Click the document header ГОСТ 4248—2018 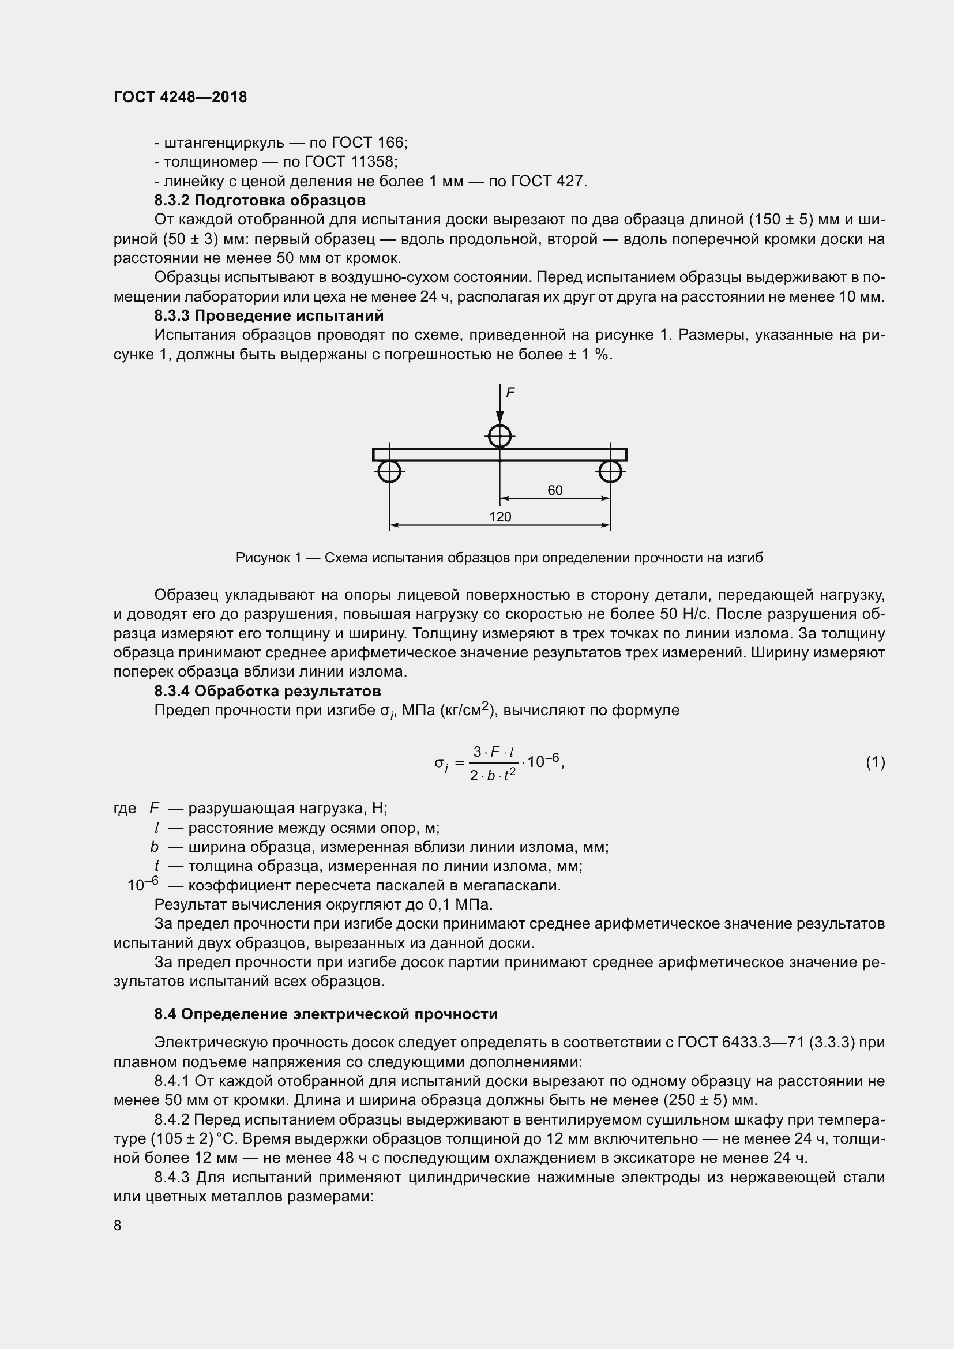[x=181, y=97]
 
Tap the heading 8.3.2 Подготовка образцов [x=260, y=200]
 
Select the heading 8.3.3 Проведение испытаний [x=269, y=315]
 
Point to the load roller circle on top [x=499, y=436]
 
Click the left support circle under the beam [x=389, y=471]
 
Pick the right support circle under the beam [x=610, y=471]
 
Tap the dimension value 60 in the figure [x=554, y=490]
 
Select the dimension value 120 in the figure [x=500, y=516]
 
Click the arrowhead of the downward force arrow [x=499, y=418]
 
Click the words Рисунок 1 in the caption [x=268, y=558]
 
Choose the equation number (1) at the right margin [x=876, y=762]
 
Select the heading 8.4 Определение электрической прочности [x=326, y=1014]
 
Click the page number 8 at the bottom [x=118, y=1225]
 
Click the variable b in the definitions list [x=154, y=847]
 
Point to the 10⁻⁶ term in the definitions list [x=142, y=884]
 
